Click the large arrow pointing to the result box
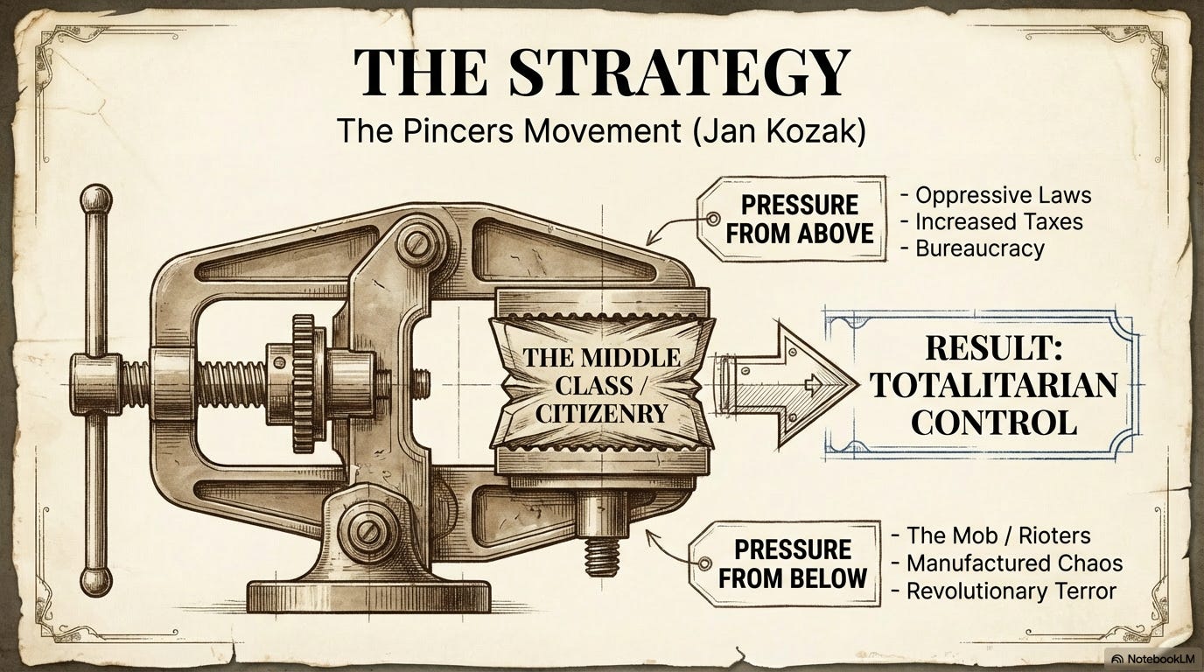click(x=787, y=385)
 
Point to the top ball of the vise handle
click(x=95, y=200)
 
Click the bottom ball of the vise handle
click(x=95, y=582)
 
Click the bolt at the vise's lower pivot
click(x=364, y=532)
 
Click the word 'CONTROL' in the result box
click(x=992, y=422)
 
